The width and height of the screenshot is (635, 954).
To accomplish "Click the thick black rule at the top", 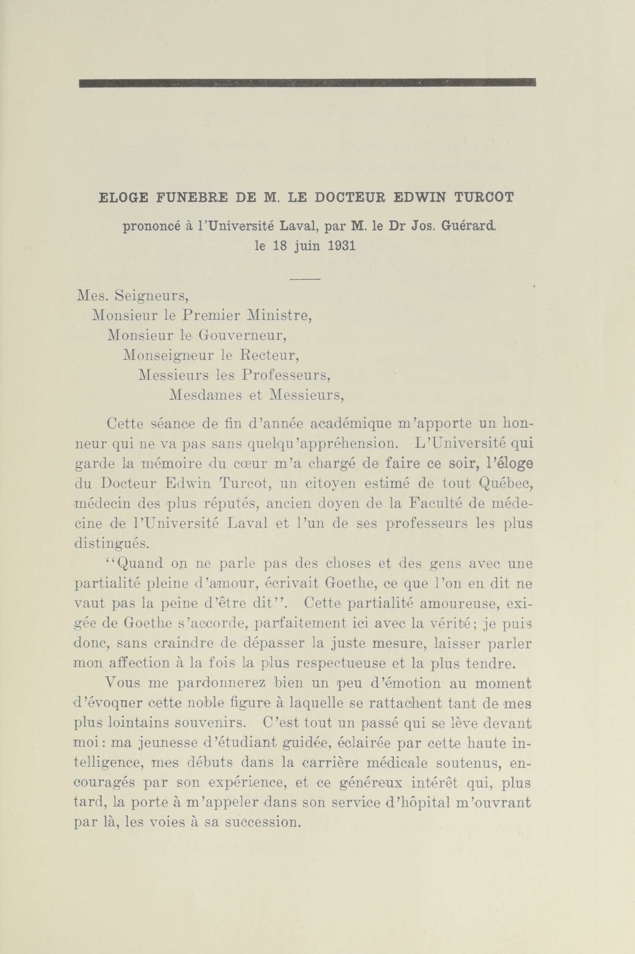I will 307,83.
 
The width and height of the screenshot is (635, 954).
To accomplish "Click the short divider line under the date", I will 305,279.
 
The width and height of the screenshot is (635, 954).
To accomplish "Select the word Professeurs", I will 286,375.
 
